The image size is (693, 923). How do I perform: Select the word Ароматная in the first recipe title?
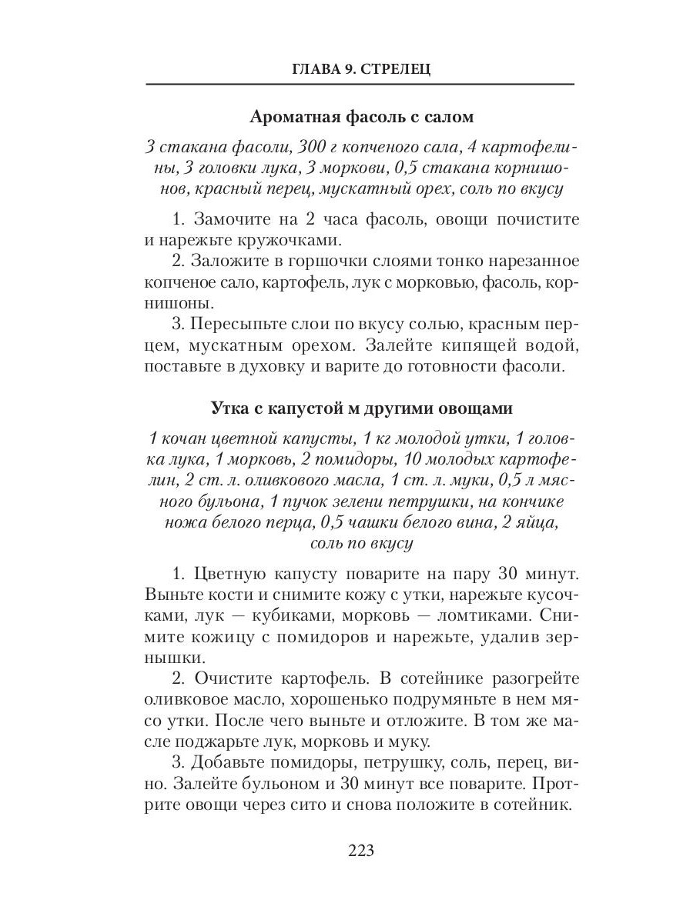pos(289,117)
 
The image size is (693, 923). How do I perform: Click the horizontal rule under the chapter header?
pos(360,84)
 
